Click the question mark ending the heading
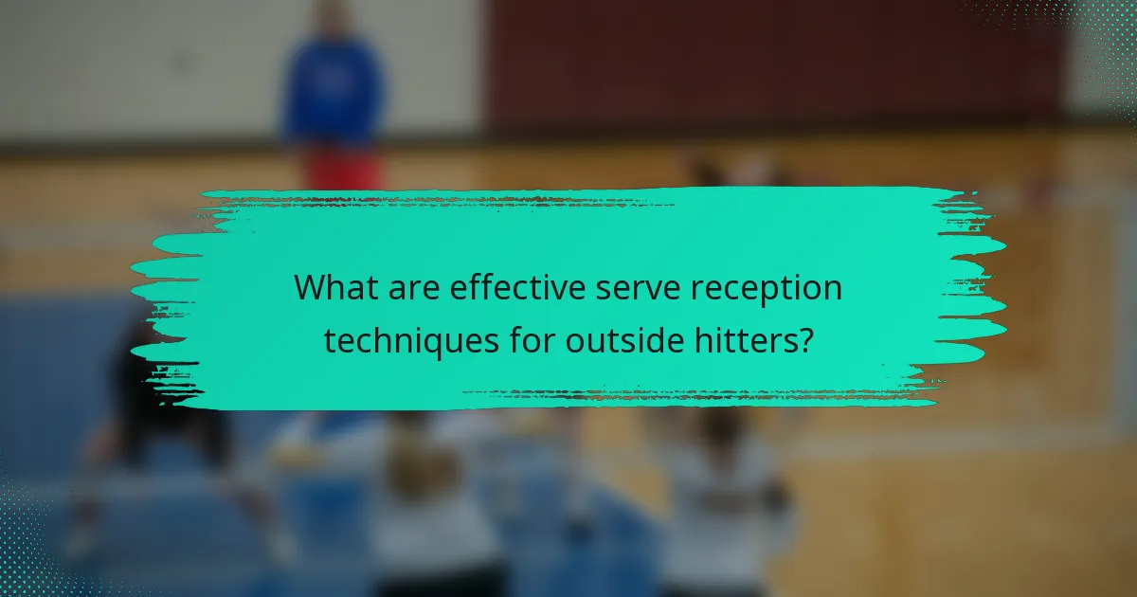[804, 339]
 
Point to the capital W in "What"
[308, 287]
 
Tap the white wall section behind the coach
[142, 66]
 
